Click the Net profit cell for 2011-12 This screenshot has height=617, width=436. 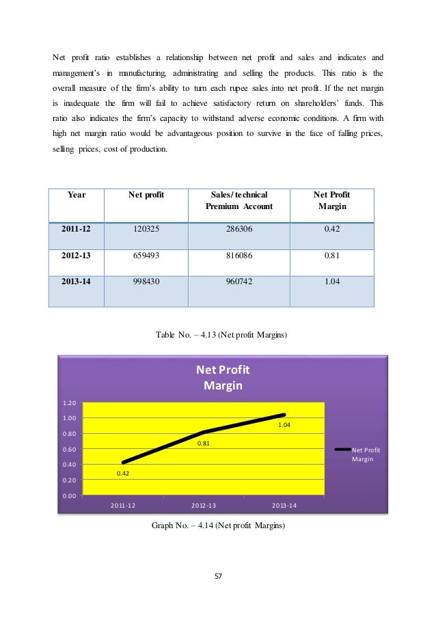[146, 230]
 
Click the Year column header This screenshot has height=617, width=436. [77, 195]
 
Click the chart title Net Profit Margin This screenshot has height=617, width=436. [223, 377]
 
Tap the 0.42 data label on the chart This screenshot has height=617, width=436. [124, 473]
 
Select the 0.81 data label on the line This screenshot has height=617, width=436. [204, 443]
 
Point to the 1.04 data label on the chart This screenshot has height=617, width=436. [284, 426]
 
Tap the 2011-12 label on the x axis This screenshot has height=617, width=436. [123, 505]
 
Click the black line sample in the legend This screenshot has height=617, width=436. [342, 450]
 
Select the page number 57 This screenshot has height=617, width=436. [218, 577]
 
